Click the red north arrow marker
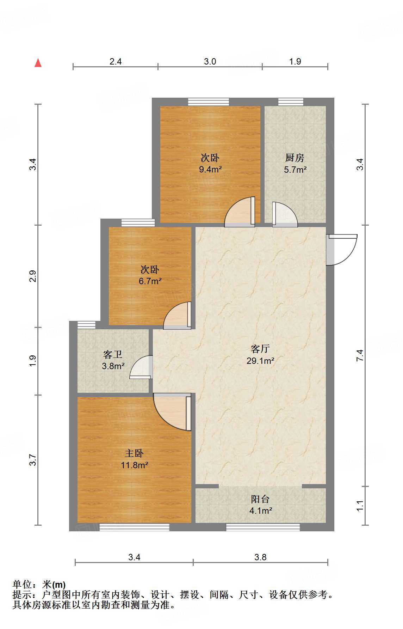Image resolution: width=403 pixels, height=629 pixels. click(x=38, y=63)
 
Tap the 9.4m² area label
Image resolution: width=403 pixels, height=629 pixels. click(x=210, y=170)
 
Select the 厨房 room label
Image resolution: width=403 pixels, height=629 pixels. click(x=294, y=158)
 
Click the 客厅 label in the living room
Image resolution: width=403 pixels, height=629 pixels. click(x=260, y=349)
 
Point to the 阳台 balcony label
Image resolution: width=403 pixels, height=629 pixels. click(x=260, y=499)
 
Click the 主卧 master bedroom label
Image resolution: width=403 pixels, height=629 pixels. click(x=134, y=453)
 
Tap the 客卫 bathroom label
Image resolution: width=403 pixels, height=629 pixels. click(x=113, y=355)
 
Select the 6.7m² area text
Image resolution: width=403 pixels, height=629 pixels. click(x=150, y=281)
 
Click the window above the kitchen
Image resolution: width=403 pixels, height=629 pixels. click(x=291, y=102)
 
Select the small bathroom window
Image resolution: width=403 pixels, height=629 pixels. click(x=86, y=325)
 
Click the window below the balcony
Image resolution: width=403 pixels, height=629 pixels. click(x=263, y=527)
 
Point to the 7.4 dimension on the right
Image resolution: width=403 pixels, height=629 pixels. click(x=360, y=355)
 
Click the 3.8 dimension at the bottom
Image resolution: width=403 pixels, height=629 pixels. click(x=260, y=557)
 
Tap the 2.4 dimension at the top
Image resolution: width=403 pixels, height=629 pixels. click(x=116, y=62)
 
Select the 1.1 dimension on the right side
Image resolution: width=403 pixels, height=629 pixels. click(x=360, y=506)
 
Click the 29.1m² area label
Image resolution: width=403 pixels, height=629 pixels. click(x=260, y=361)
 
